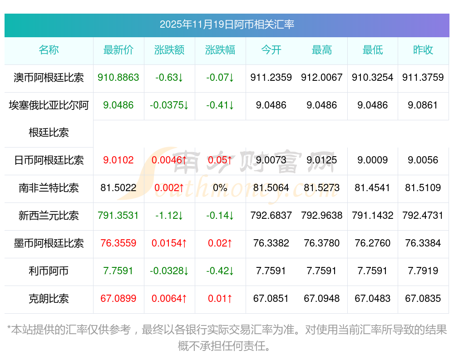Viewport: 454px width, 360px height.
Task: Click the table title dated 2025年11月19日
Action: tap(227, 24)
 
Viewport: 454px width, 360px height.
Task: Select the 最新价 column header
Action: tap(118, 50)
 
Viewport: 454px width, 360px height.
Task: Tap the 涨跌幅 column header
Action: tap(220, 50)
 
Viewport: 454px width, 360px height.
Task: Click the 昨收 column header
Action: tap(423, 50)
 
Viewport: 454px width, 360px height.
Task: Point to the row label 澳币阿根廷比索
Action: tap(49, 78)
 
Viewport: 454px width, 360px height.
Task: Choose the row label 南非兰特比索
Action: tap(49, 188)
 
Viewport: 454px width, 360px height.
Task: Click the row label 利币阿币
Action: tap(49, 271)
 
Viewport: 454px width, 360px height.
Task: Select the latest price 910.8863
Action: tap(118, 78)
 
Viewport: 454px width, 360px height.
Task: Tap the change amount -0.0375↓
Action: tap(169, 105)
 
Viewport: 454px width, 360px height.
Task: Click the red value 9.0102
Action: tap(118, 160)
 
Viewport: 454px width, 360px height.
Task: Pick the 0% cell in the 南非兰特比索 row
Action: tap(220, 188)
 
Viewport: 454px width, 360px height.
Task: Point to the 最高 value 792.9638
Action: tap(321, 216)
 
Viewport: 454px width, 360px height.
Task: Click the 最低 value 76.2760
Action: tap(372, 243)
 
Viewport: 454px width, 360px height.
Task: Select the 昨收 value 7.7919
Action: tap(423, 271)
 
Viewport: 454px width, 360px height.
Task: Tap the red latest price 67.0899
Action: tap(118, 299)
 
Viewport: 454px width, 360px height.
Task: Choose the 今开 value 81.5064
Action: tap(271, 188)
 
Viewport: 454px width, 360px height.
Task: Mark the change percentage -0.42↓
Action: tap(220, 271)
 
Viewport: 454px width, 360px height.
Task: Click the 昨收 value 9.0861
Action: tap(423, 105)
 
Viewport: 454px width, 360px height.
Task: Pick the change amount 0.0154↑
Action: tap(169, 243)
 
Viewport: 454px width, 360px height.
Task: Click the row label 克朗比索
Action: tap(49, 299)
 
